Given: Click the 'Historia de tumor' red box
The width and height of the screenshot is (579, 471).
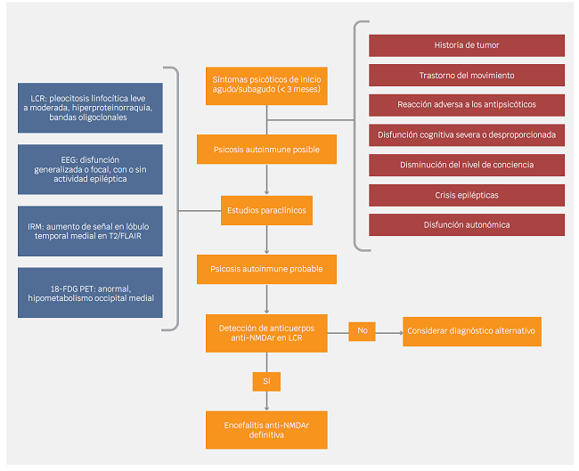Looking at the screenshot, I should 467,45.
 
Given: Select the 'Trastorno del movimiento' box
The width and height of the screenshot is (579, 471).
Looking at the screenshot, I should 467,75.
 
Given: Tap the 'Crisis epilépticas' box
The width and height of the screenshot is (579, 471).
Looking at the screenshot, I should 467,194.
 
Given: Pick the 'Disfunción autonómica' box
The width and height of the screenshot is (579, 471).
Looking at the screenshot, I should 467,224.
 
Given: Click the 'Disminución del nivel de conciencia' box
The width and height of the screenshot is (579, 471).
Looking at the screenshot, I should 467,165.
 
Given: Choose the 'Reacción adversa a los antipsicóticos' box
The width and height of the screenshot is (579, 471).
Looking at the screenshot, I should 467,105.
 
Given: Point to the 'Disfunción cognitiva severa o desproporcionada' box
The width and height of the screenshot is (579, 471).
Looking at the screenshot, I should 467,134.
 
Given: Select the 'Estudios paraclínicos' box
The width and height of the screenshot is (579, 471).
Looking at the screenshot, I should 267,211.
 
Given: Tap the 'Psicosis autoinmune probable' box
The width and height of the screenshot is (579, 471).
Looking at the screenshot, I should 267,267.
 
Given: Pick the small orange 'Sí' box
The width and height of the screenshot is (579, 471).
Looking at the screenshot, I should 267,381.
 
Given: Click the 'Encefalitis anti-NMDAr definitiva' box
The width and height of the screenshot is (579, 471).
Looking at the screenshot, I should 267,429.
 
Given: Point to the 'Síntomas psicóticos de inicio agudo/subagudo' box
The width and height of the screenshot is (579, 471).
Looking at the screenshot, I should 267,85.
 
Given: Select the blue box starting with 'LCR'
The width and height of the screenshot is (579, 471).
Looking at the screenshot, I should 90,106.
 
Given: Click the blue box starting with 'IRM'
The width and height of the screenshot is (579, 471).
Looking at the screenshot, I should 90,230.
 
